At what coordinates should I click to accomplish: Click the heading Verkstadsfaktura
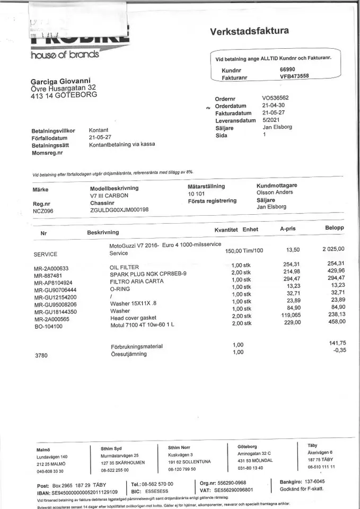[x=249, y=31]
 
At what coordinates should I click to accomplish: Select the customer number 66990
[x=288, y=69]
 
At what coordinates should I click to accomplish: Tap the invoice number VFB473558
[x=294, y=76]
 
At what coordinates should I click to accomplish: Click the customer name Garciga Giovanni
[x=60, y=81]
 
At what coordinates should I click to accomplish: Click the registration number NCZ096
[x=43, y=210]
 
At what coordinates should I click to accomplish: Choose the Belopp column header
[x=335, y=228]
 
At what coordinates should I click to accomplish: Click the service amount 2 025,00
[x=333, y=249]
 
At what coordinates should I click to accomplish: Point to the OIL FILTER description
[x=124, y=267]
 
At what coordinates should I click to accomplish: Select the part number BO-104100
[x=49, y=327]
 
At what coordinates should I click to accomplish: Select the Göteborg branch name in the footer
[x=248, y=446]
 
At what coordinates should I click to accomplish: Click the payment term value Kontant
[x=99, y=129]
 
